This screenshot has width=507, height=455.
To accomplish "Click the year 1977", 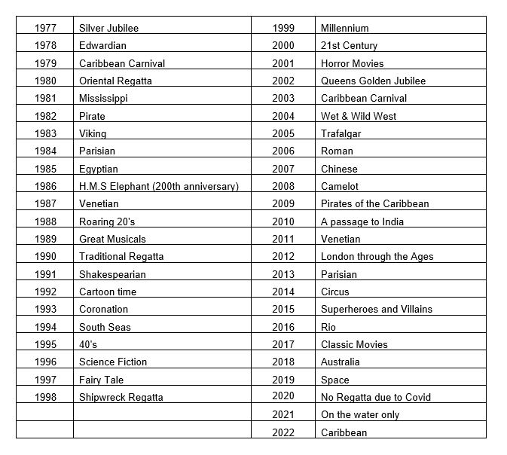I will tap(45, 28).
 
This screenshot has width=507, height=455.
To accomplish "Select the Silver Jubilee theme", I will tap(108, 28).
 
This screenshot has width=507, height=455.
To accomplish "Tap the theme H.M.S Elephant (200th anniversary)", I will tap(158, 186).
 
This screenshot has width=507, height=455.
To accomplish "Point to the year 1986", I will tap(45, 186).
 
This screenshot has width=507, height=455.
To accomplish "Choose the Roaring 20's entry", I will tap(107, 221).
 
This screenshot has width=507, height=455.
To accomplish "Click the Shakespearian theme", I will tap(112, 274).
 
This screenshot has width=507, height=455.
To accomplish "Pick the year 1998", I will tap(45, 397).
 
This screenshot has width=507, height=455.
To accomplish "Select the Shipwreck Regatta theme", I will tap(121, 397).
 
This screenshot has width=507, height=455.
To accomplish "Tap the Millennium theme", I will tap(344, 28).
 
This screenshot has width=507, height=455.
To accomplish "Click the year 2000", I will tap(283, 46).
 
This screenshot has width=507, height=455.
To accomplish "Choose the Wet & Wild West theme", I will tap(358, 116).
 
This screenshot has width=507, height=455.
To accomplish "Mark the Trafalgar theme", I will tap(341, 133).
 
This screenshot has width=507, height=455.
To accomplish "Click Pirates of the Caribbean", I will tap(374, 203).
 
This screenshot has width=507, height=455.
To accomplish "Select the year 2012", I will tap(283, 256).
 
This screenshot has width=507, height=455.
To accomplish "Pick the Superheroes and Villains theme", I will tap(376, 310).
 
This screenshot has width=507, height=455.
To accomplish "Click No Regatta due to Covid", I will tap(376, 397).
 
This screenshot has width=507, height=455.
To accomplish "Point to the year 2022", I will tap(283, 432).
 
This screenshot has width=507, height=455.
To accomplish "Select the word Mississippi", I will tap(103, 99).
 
